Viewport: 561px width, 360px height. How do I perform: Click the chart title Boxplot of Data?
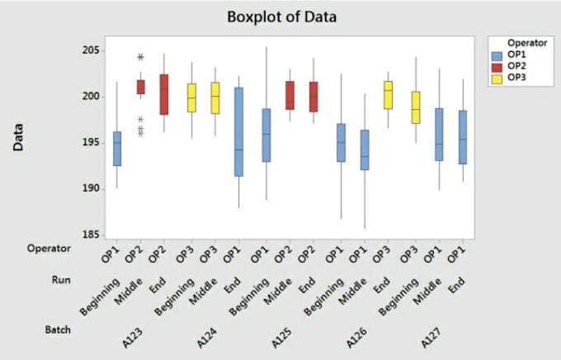[281, 17]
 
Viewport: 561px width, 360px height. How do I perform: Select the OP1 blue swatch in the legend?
[497, 55]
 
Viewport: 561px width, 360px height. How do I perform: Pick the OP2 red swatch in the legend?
[497, 67]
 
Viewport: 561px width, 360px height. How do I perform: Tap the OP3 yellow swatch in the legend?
[497, 78]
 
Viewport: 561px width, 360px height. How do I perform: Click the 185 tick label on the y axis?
[91, 235]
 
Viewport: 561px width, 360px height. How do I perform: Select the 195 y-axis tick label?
[91, 143]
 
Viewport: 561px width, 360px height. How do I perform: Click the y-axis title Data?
[18, 137]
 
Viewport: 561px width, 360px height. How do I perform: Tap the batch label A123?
[132, 338]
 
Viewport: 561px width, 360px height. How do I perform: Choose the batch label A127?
[431, 338]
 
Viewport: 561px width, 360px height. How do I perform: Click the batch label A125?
[281, 338]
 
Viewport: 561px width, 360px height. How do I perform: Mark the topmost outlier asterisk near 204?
[140, 57]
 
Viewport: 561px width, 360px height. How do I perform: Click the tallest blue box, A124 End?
[238, 132]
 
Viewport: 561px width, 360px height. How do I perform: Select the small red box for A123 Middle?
[140, 87]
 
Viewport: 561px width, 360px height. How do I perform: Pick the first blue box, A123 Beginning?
[117, 149]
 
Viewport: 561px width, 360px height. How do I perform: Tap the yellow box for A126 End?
[389, 95]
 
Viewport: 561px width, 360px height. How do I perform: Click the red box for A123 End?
[164, 95]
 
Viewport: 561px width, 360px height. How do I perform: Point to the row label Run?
[61, 280]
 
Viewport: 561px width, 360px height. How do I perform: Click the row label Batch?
[58, 329]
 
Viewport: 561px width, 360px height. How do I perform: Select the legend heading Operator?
[527, 43]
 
